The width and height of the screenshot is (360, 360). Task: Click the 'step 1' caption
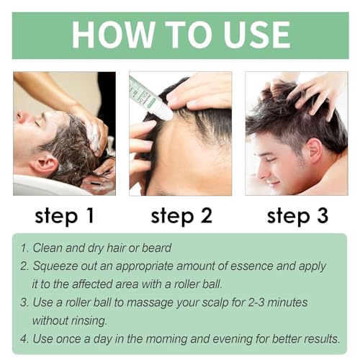(x=64, y=217)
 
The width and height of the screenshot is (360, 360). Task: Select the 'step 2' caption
(x=181, y=217)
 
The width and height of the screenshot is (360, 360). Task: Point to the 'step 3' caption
(x=297, y=217)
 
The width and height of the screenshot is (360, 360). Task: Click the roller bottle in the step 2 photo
(x=150, y=98)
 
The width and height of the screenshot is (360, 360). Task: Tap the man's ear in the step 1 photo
(x=45, y=164)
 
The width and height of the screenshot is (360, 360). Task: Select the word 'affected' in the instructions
(x=92, y=284)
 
